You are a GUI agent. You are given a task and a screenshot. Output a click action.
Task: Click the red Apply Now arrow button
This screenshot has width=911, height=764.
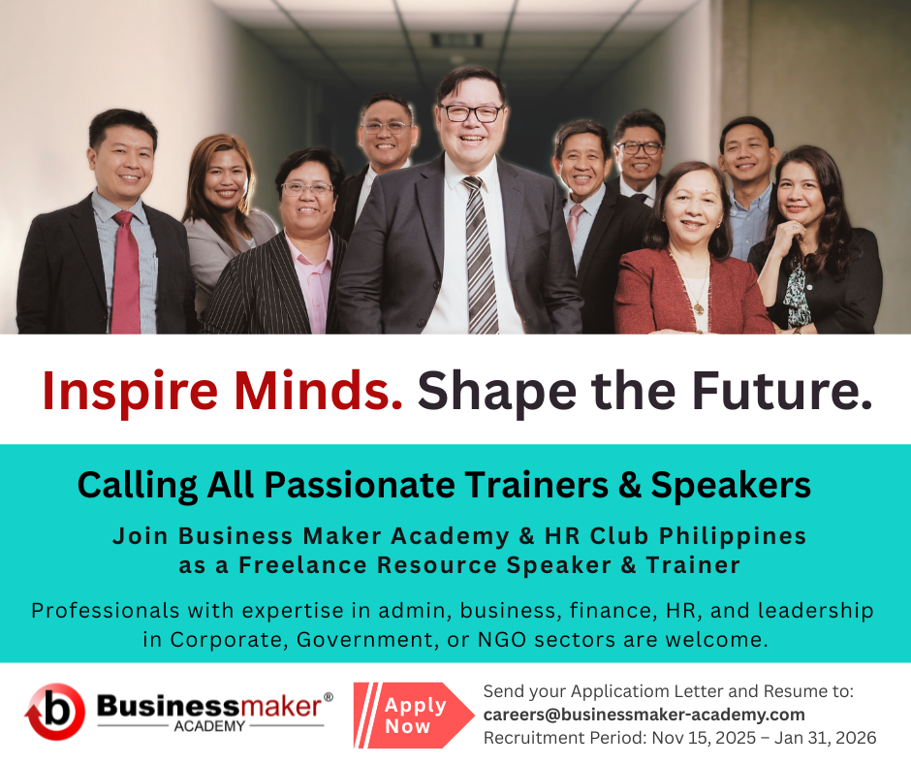coord(413,716)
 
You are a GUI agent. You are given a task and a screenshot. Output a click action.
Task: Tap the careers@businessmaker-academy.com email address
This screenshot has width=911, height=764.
coord(644,715)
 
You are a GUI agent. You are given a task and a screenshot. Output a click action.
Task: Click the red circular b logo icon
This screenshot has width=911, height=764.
coord(54,712)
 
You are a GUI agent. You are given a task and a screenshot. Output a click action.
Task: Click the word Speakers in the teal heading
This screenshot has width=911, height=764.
coord(731,486)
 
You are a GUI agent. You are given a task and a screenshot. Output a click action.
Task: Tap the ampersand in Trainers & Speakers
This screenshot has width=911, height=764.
coord(629,485)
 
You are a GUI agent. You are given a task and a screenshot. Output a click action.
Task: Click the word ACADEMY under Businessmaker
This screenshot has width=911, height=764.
coord(209,726)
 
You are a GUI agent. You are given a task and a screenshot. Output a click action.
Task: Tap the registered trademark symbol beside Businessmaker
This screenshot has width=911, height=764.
coord(329,696)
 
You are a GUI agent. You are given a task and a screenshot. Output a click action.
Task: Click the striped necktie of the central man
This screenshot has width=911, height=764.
coord(481,256)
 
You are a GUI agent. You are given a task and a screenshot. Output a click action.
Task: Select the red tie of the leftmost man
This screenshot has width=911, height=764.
coord(125,273)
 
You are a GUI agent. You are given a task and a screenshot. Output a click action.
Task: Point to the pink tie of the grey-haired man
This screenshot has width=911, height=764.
coord(574,223)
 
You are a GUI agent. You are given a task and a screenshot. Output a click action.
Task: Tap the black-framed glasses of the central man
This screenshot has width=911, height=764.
coord(471,113)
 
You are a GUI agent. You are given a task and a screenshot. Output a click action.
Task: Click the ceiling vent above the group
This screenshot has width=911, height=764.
coord(456,40)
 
